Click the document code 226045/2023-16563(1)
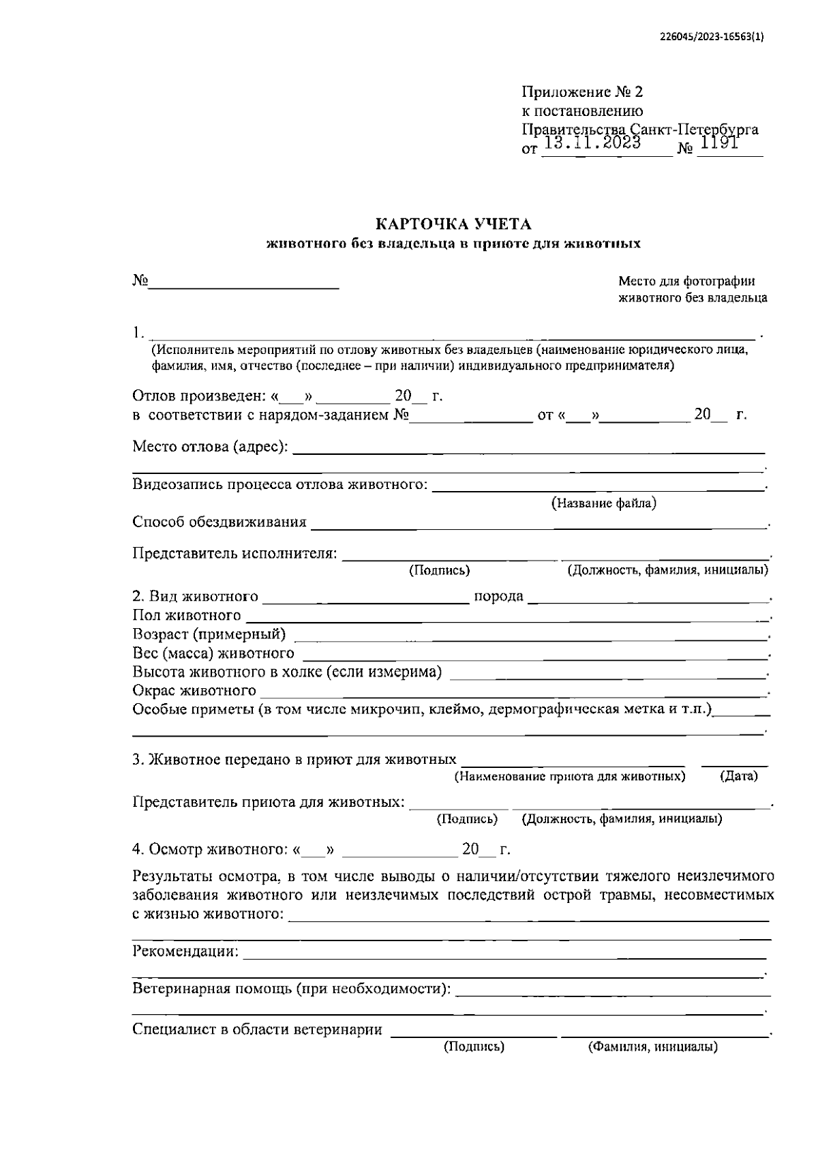point(712,39)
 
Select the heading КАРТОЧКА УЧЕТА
point(454,224)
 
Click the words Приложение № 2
point(582,92)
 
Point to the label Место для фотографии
point(686,281)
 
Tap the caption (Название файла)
point(603,504)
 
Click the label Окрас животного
point(194,691)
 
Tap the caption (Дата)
point(738,776)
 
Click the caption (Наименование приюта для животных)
point(570,776)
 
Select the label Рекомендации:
point(185,951)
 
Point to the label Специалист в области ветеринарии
point(257,1030)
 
